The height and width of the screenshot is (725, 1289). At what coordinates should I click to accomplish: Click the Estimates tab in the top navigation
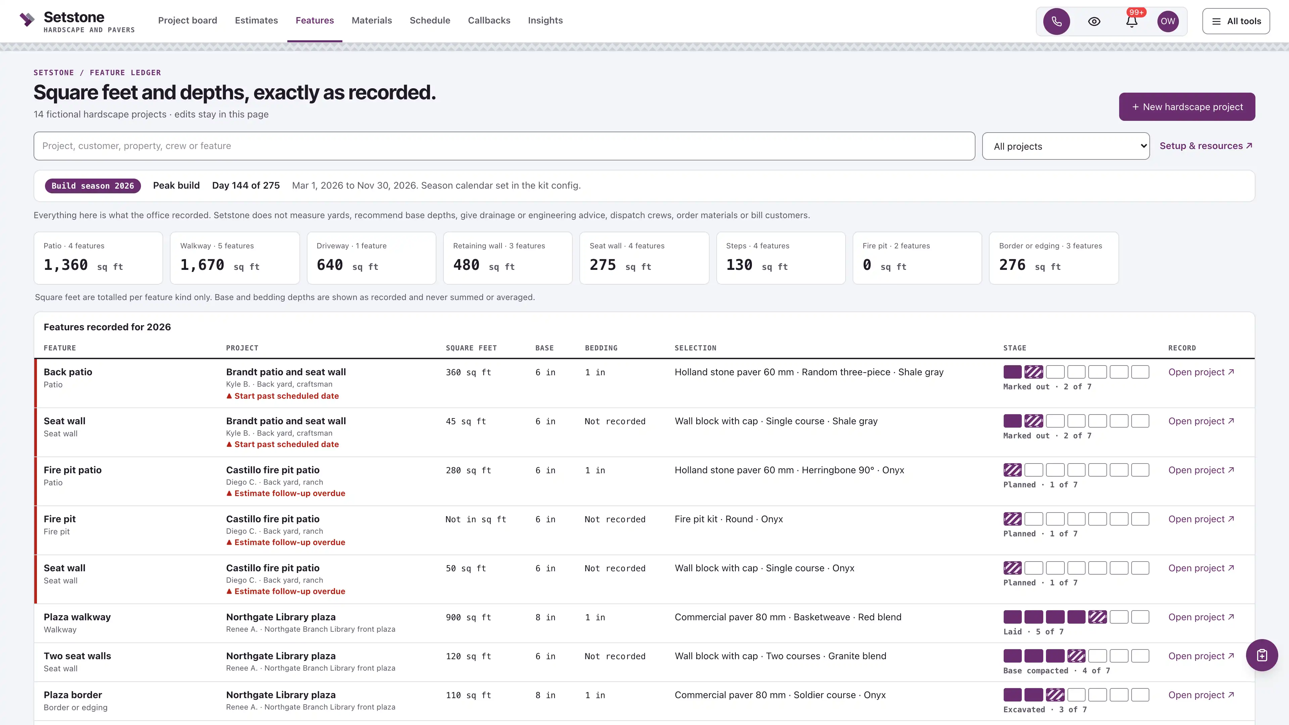point(256,20)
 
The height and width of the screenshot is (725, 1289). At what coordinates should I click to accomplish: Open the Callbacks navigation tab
point(489,20)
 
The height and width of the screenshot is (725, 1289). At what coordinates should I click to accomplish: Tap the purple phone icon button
point(1056,21)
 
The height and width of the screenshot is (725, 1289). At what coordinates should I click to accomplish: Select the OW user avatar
point(1168,21)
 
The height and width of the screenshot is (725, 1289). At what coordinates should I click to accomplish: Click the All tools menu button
point(1236,21)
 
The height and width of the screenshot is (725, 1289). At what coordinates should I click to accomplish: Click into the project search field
point(504,146)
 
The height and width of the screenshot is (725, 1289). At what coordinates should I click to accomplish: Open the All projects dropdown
point(1066,146)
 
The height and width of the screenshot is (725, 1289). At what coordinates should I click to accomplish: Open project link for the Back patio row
point(1201,372)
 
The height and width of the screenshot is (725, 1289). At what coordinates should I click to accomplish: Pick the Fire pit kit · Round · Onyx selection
point(728,519)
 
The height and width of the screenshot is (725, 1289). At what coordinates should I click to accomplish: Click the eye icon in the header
point(1094,21)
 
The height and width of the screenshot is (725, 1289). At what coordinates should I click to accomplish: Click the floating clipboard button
point(1261,656)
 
